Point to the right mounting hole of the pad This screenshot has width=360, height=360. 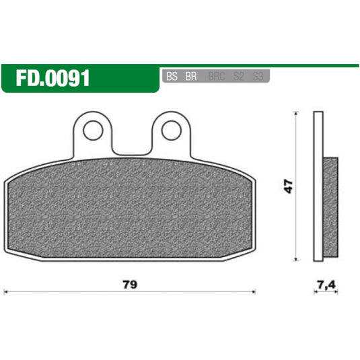click(x=168, y=129)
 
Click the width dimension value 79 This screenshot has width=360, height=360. click(x=131, y=285)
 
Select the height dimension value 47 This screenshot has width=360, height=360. click(x=289, y=186)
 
